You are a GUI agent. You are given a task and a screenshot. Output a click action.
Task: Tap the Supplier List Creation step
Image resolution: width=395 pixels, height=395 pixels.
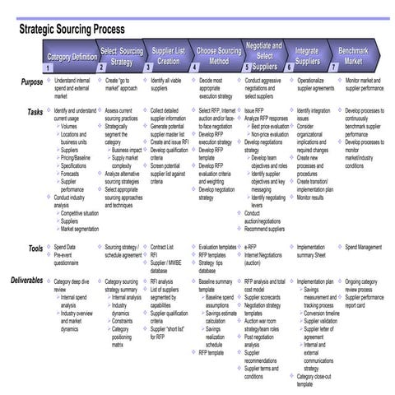tap(168, 56)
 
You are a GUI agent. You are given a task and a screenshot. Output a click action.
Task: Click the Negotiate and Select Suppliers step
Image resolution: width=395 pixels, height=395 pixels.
tap(264, 54)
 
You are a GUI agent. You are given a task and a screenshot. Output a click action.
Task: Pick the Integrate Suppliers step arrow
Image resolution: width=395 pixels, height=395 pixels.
tap(306, 56)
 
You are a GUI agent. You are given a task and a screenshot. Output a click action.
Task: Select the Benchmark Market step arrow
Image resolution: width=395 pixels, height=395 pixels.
tap(353, 56)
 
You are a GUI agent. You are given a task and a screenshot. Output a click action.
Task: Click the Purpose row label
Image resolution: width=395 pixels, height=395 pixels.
tap(31, 83)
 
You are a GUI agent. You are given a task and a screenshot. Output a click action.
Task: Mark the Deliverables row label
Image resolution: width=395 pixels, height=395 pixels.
tap(27, 281)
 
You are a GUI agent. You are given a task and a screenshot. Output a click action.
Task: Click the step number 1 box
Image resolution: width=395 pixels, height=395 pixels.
tap(49, 69)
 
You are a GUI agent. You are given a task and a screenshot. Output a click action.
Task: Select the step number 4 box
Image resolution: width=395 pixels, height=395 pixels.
tap(195, 69)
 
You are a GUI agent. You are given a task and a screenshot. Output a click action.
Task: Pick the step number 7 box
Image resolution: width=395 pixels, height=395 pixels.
tap(334, 69)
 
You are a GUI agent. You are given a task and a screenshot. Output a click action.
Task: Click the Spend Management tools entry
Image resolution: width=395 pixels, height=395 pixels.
tap(363, 247)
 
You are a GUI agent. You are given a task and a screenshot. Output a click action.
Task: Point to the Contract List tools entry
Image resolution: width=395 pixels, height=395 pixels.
tap(165, 247)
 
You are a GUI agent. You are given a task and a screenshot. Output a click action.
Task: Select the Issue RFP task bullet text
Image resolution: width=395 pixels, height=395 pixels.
tap(257, 109)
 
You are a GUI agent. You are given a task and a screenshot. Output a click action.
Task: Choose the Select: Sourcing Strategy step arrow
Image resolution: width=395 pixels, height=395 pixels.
tap(121, 56)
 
